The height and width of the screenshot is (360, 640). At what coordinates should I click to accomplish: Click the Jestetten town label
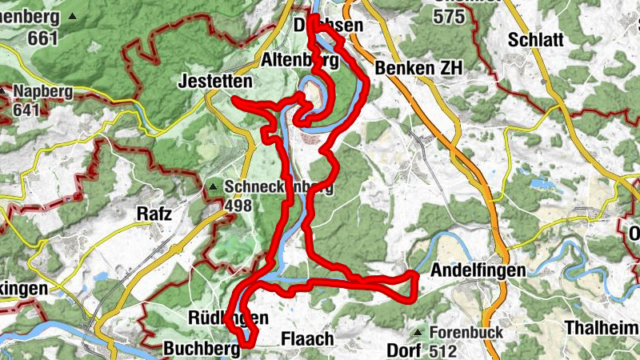(x=215, y=82)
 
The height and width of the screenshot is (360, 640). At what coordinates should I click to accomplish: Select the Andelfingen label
(x=478, y=270)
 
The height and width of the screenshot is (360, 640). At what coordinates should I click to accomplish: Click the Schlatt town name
(x=535, y=40)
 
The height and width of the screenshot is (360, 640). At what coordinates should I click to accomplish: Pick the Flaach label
(x=307, y=339)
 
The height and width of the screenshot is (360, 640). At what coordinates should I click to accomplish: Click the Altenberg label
(x=294, y=60)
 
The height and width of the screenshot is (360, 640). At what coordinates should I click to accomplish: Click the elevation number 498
(x=239, y=206)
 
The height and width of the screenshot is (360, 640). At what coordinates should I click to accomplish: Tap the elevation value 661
(x=42, y=38)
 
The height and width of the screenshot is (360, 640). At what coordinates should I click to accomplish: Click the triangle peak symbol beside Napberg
(x=5, y=91)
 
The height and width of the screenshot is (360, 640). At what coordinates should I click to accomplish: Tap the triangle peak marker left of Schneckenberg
(x=213, y=187)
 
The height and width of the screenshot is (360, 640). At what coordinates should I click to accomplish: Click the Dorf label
(x=403, y=350)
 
